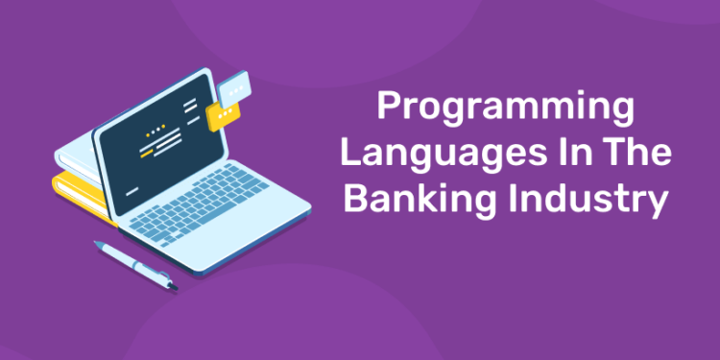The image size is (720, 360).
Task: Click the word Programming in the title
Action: (504, 108)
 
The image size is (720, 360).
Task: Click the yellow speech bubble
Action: (222, 116)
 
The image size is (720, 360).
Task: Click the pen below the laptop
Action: (134, 264)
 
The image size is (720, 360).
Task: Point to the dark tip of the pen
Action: (172, 285)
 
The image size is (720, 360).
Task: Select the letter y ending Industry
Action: (656, 204)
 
